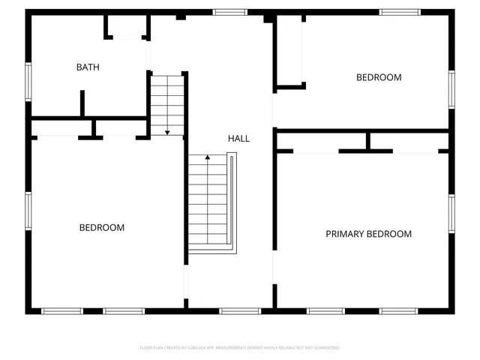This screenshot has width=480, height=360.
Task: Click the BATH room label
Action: click(88, 67)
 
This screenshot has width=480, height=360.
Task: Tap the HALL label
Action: click(238, 139)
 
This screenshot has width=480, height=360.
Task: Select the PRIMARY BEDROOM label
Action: click(368, 234)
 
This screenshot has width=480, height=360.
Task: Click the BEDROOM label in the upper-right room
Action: click(378, 77)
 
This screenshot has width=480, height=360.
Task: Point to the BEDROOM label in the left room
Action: click(102, 227)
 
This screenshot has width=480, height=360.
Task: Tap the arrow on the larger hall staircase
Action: click(207, 159)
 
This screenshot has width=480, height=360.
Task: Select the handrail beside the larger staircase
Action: click(233, 202)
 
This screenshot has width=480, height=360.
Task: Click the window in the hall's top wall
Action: click(230, 12)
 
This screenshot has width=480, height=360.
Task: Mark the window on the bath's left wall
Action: click(28, 81)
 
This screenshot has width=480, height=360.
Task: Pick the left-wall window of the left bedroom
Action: click(28, 211)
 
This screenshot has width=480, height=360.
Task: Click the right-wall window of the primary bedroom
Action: click(451, 214)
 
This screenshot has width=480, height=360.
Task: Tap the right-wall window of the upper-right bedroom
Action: click(451, 88)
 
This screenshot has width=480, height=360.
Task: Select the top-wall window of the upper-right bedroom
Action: click(400, 12)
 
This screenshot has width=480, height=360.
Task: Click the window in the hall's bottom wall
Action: click(240, 310)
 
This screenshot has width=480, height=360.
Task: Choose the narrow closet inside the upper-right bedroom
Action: click(289, 51)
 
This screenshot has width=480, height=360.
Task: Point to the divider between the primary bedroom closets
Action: click(367, 140)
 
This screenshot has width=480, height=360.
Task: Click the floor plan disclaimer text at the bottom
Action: click(240, 348)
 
